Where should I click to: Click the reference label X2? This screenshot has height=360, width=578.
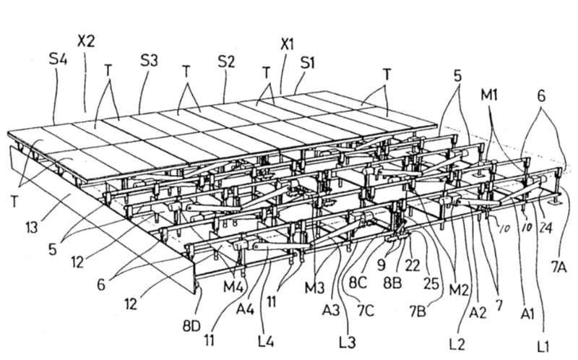click(x=86, y=40)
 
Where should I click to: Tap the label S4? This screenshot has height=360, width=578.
click(x=58, y=59)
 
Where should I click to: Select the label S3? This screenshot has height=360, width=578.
click(x=149, y=61)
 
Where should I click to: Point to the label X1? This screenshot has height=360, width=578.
click(x=287, y=45)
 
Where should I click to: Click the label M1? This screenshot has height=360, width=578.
click(x=489, y=95)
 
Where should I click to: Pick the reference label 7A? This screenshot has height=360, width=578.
click(x=558, y=267)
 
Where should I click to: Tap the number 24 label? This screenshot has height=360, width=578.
click(x=545, y=228)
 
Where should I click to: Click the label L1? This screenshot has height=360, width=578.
click(x=543, y=346)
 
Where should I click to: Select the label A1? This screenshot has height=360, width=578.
click(x=527, y=314)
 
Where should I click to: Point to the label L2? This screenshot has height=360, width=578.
click(x=457, y=344)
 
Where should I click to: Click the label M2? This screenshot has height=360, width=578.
click(x=458, y=291)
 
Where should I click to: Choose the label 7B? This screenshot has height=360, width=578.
click(x=418, y=312)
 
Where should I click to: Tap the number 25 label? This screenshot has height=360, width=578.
click(x=431, y=283)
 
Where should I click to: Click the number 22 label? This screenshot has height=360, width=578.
click(x=412, y=265)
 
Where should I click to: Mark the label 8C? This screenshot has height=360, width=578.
click(x=358, y=283)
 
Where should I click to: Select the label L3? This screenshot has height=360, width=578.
click(x=348, y=343)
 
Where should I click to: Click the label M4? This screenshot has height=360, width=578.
click(x=233, y=286)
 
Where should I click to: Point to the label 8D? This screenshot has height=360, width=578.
click(x=191, y=326)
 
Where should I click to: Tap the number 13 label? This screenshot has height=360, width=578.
click(x=32, y=227)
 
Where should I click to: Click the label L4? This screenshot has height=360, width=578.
click(x=265, y=341)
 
